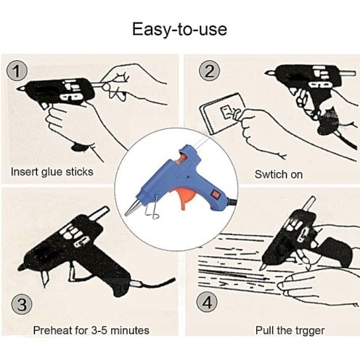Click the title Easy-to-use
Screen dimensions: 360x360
pos(179,30)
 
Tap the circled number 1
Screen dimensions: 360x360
pos(17,71)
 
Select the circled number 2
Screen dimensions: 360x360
pos(209,71)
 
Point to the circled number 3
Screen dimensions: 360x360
pos(22,304)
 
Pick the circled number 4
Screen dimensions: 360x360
pos(207,302)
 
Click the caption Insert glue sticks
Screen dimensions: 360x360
pos(52,172)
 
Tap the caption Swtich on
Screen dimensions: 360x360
pos(279,174)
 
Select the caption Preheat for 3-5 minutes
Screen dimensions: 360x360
pos(91,330)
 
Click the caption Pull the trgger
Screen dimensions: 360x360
pos(290,330)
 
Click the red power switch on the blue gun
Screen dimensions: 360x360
pos(215,193)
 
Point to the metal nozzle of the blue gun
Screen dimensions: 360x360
pos(132,208)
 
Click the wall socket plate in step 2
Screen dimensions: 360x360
pos(221,113)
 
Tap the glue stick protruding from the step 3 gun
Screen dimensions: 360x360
pos(99,213)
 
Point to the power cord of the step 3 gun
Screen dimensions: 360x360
pos(155,283)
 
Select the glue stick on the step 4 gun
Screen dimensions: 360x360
pos(310,205)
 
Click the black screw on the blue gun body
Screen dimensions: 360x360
pos(188,177)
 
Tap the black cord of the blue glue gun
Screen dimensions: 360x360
pos(232,202)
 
